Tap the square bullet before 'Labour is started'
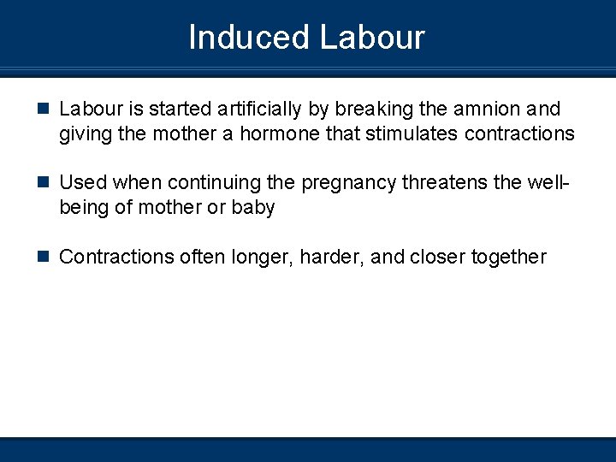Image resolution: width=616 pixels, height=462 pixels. pos(44,110)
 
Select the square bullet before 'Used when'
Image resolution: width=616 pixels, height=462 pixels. pos(44,183)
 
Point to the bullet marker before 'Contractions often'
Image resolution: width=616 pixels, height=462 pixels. pos(44,257)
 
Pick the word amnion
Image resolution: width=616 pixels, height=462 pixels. pos(486,110)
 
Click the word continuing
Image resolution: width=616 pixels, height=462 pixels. pos(219,183)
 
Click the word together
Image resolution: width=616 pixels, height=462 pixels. pos(508,257)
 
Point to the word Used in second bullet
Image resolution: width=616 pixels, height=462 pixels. pos(83,183)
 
